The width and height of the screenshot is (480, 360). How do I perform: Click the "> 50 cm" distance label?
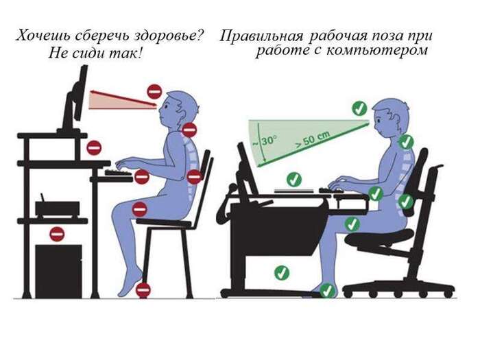pos(313,140)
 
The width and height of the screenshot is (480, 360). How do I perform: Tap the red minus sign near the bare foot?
pos(143,290)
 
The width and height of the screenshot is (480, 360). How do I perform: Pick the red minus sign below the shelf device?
pos(57,234)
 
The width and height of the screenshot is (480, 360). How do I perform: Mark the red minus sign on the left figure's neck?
pos(189,129)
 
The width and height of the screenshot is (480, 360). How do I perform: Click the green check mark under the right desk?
pos(281,272)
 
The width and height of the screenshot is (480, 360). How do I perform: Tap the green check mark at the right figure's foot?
pos(328,290)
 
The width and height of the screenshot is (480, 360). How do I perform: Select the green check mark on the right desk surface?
pos(294,180)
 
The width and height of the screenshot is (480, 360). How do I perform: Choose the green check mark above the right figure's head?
pos(358,108)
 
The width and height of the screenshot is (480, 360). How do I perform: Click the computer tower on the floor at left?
pos(58,271)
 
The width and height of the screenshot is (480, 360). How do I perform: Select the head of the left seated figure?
pos(180,106)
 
